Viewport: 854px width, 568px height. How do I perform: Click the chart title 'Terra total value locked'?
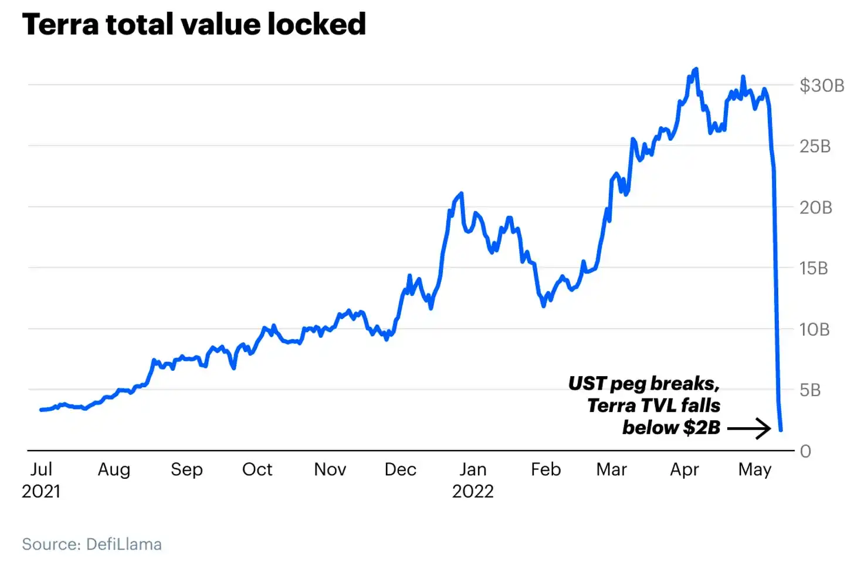194,25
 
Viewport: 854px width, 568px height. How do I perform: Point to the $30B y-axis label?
822,86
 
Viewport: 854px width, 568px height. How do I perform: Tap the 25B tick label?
815,147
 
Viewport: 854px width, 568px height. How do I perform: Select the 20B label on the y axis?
816,208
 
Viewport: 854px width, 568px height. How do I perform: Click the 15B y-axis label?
814,269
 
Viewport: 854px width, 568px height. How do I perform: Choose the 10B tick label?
815,330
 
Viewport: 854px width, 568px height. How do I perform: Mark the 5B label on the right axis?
810,390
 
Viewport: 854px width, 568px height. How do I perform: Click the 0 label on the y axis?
805,452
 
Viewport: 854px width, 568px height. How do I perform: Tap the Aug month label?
114,470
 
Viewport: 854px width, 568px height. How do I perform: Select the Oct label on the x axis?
257,469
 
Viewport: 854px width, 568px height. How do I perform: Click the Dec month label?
400,469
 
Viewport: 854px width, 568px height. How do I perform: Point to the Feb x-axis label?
546,469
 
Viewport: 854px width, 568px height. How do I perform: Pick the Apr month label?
684,470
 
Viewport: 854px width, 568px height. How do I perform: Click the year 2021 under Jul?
41,491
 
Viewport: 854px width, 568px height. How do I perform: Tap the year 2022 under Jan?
473,491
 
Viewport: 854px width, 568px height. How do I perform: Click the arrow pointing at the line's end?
749,428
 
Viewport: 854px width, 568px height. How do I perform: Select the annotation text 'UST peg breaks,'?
644,384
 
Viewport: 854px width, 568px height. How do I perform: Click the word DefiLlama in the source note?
124,545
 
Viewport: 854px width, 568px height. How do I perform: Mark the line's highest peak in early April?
697,69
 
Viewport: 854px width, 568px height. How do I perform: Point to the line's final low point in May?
781,430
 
